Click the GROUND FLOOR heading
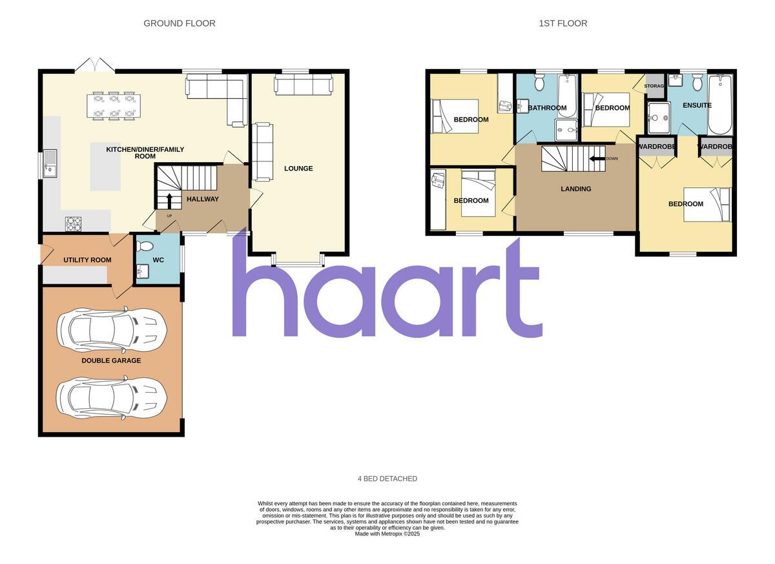(x=179, y=23)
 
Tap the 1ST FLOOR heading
(x=563, y=23)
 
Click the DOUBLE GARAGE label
(x=111, y=360)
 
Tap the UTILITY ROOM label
(x=87, y=260)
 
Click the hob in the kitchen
(x=74, y=224)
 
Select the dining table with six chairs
(x=114, y=106)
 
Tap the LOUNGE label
(x=298, y=169)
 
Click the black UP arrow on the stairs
(x=170, y=200)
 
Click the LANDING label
(x=575, y=189)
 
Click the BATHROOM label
(x=547, y=108)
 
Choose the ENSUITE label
(x=697, y=105)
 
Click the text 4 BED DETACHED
(x=387, y=479)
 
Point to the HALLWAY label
(x=203, y=199)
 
